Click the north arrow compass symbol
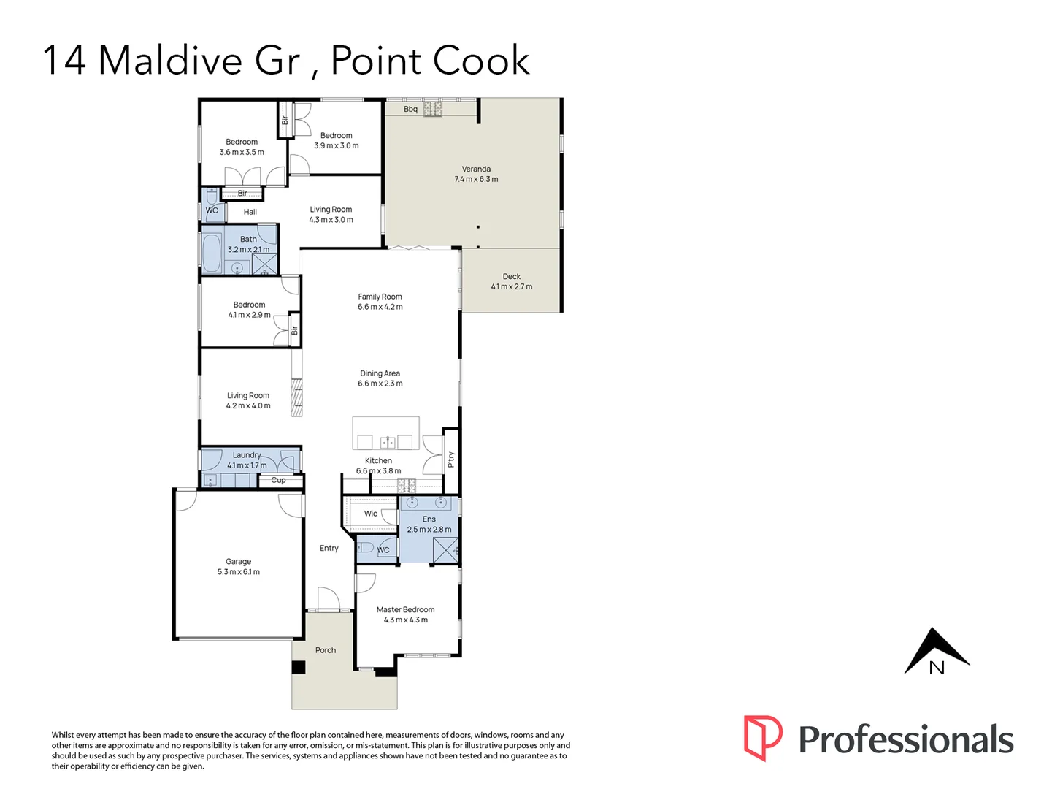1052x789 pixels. point(937,652)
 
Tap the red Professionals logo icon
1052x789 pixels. point(762,738)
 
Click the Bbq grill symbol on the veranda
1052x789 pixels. point(433,110)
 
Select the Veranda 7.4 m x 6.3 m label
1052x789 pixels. point(476,174)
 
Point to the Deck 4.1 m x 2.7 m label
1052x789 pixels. point(511,281)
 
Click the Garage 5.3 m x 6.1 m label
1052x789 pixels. point(238,567)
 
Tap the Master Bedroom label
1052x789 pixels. point(405,614)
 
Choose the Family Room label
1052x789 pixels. point(380,302)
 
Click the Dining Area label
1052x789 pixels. point(380,378)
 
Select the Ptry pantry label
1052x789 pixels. point(451,460)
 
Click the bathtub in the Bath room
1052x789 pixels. point(212,254)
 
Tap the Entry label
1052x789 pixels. point(329,548)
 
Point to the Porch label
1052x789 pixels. point(326,650)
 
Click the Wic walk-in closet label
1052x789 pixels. point(371,514)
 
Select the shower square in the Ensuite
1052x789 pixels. point(445,549)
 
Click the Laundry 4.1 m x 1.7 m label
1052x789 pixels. point(247,460)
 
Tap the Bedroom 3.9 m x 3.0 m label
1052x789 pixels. point(336,140)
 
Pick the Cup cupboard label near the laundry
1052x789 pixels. point(278,480)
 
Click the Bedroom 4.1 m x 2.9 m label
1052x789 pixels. point(249,310)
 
